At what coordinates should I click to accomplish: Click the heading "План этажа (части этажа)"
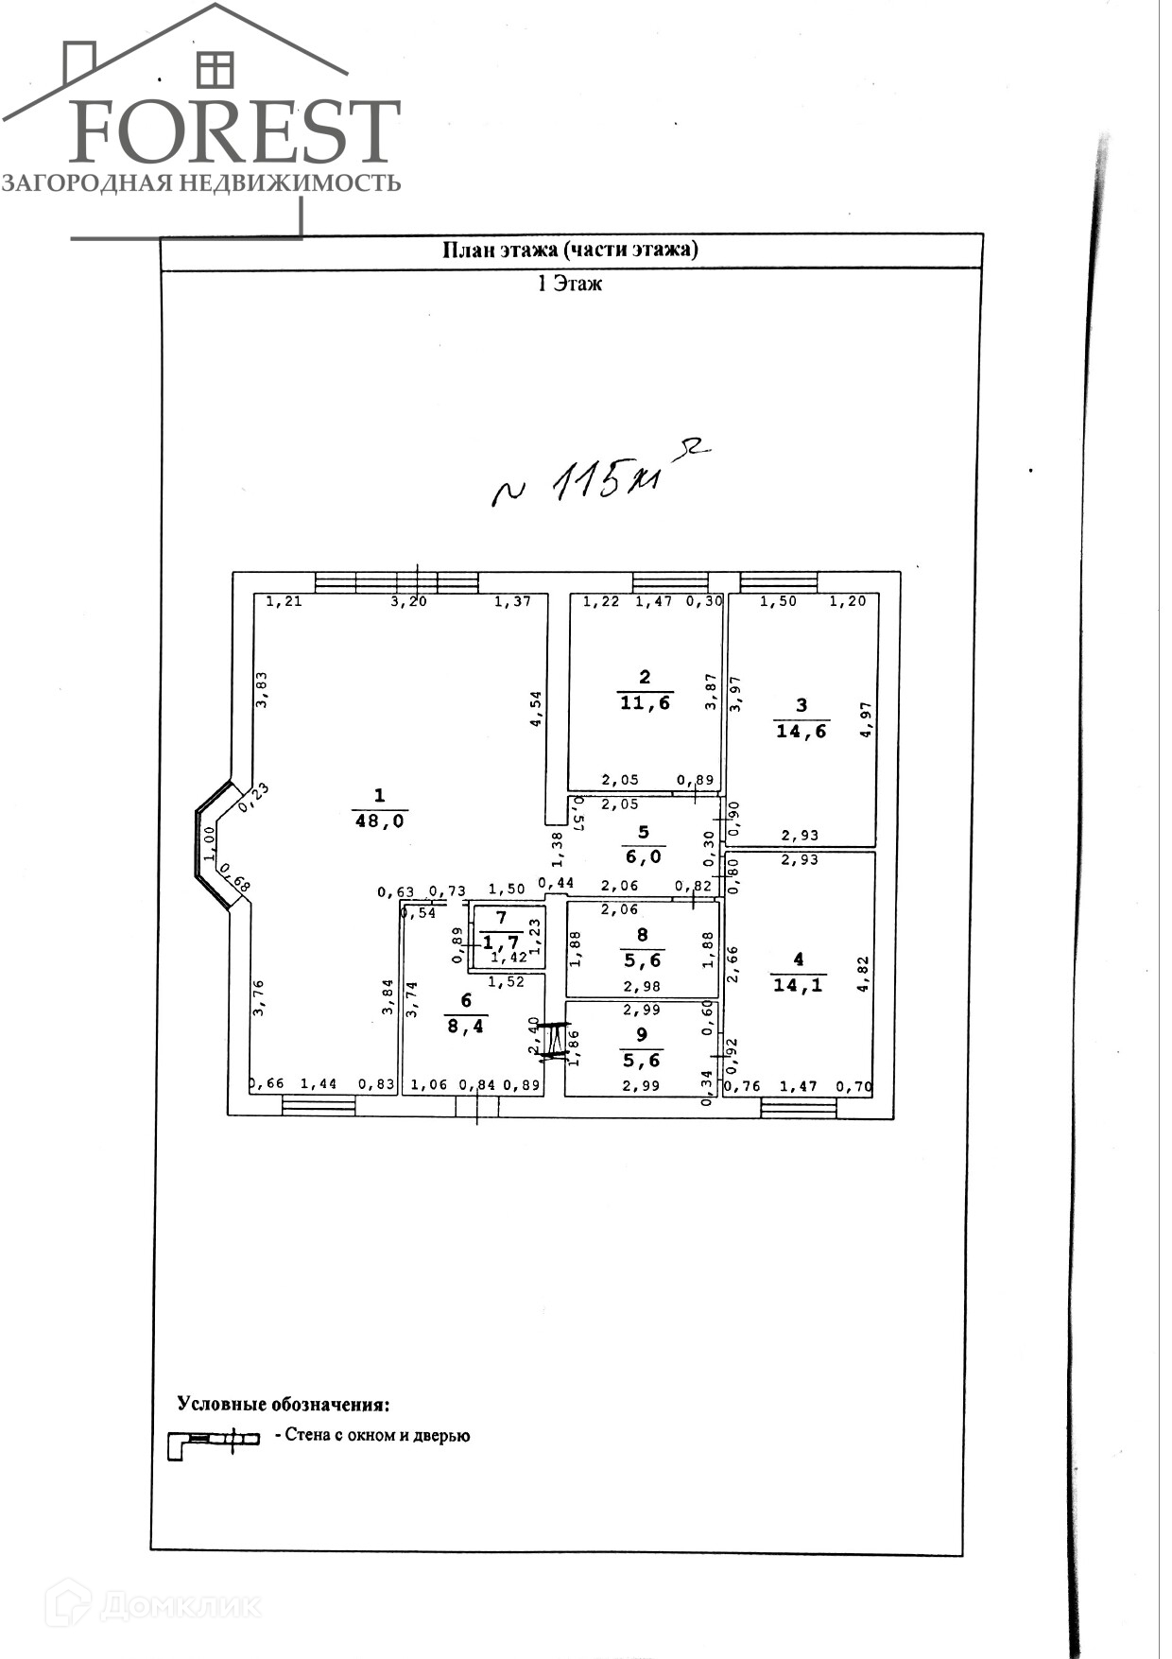tap(570, 250)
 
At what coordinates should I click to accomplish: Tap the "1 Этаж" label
tap(569, 284)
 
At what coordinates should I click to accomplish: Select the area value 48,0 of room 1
tap(379, 821)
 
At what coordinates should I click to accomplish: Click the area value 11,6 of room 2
tap(645, 702)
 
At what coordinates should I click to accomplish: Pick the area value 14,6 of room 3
tap(801, 731)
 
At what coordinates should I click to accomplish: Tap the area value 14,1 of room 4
tap(798, 985)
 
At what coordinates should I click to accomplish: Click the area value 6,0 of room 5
tap(644, 856)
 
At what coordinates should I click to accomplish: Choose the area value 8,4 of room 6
tap(465, 1026)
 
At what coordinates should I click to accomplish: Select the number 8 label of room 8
tap(643, 935)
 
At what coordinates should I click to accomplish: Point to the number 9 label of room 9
tap(642, 1035)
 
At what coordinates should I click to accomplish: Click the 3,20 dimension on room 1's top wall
tap(409, 601)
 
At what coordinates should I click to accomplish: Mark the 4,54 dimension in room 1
tap(536, 708)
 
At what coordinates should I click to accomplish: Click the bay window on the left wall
tap(211, 844)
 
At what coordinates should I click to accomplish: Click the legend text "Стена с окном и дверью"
tap(372, 1436)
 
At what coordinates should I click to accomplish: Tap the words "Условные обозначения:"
tap(284, 1405)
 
